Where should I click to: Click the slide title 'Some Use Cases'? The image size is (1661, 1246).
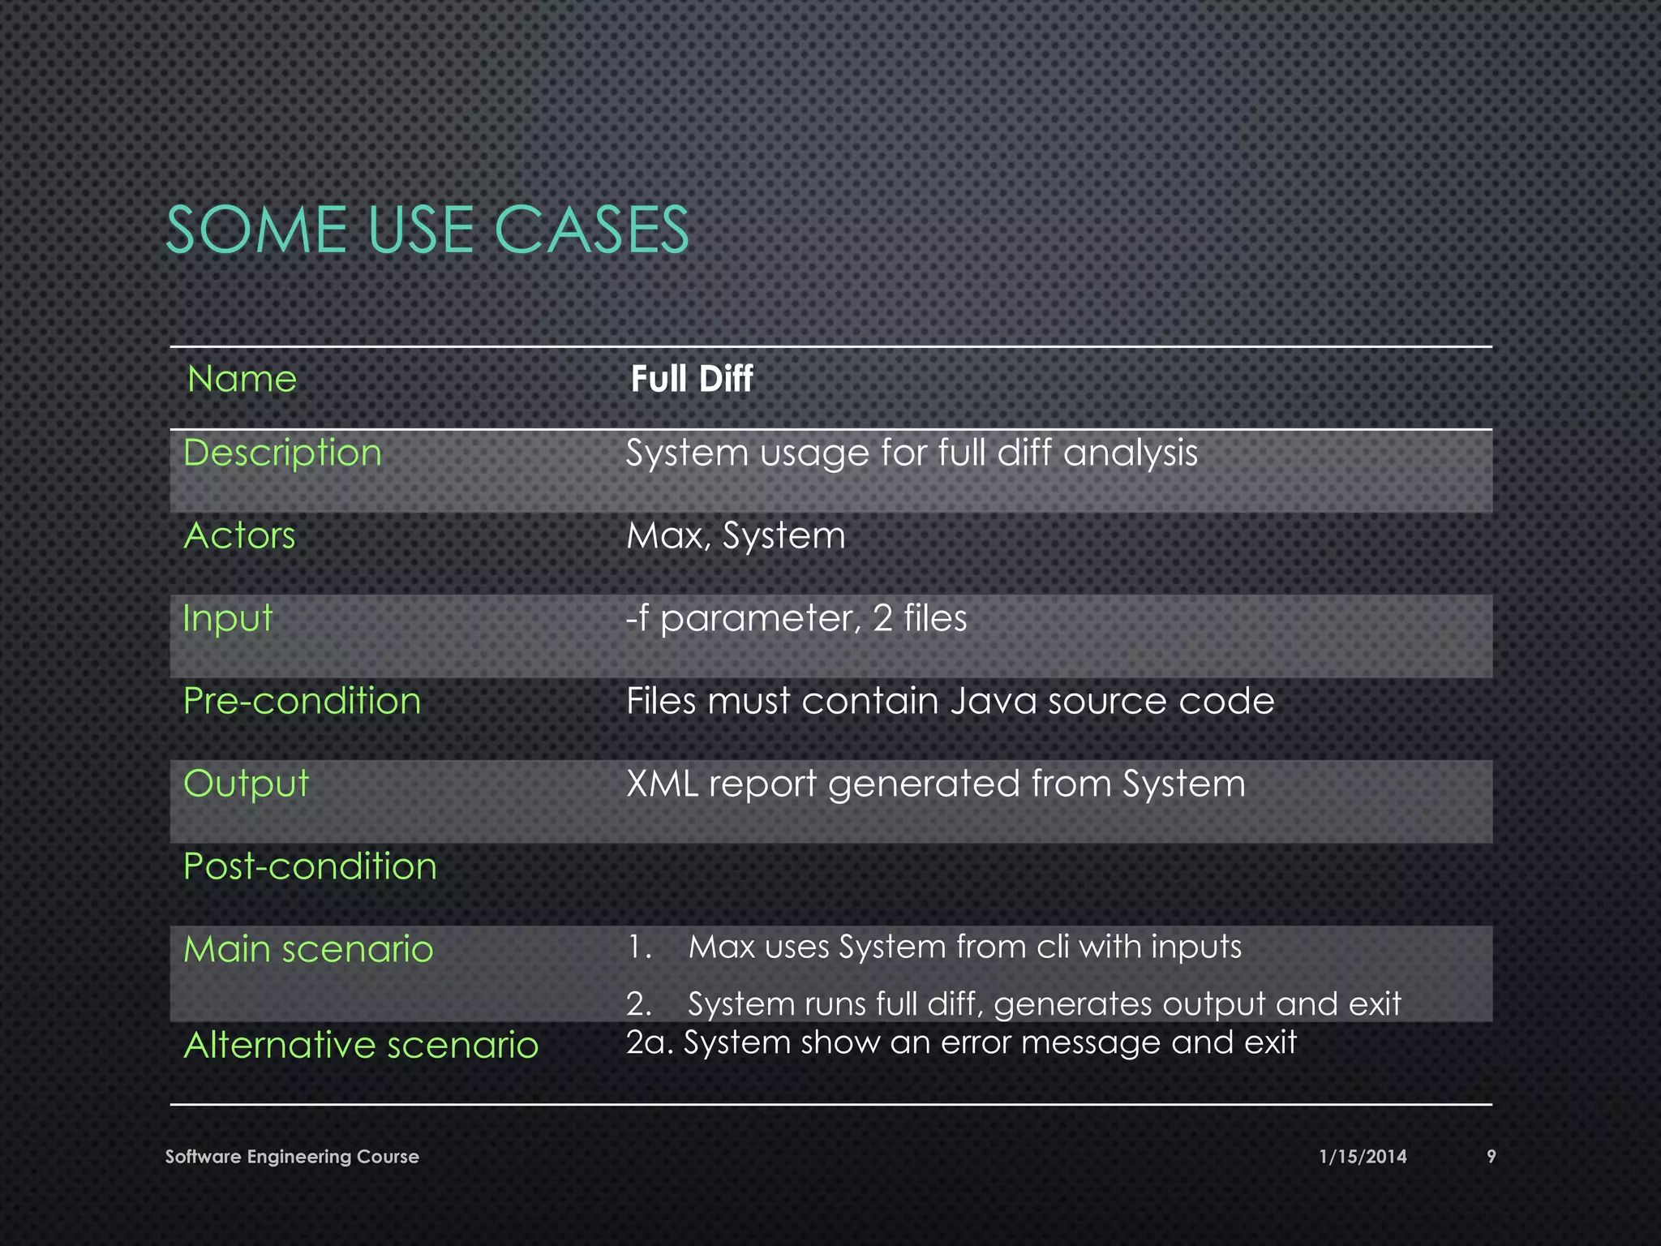(427, 230)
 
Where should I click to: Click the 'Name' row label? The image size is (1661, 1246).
(242, 379)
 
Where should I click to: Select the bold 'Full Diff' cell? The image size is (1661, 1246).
(691, 379)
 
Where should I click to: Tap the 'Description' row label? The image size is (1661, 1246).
(282, 453)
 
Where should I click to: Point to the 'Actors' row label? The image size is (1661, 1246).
(239, 535)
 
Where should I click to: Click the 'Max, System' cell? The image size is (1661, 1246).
(736, 535)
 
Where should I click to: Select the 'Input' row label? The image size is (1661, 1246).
(227, 618)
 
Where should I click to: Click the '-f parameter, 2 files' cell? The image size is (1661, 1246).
(796, 618)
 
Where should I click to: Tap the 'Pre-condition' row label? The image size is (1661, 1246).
(302, 701)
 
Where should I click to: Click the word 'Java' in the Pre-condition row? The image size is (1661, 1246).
(993, 701)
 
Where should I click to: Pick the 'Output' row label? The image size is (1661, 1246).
(246, 784)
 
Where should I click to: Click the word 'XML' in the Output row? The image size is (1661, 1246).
(661, 784)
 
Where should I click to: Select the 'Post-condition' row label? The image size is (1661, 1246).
(310, 866)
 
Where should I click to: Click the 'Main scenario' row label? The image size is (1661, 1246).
(308, 949)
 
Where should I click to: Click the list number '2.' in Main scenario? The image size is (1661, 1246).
(639, 1004)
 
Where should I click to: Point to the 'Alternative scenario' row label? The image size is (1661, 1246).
(361, 1045)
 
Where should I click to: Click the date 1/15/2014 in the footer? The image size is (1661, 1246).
(1363, 1157)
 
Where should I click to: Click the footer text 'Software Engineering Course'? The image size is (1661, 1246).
(292, 1157)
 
